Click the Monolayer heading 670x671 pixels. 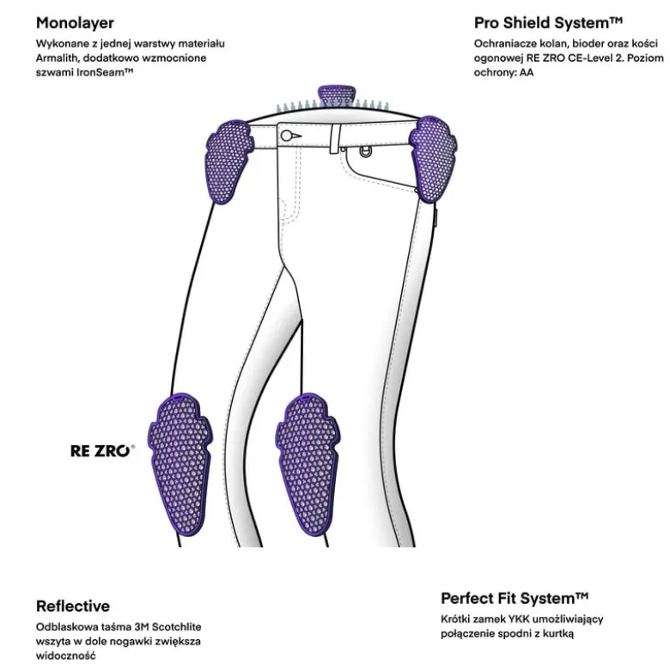75,23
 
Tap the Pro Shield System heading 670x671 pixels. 548,22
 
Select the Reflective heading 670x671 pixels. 73,606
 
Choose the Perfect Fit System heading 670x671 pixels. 515,598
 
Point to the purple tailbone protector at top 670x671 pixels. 336,97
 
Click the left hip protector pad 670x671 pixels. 229,162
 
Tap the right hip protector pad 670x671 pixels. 433,159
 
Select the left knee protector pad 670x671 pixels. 180,463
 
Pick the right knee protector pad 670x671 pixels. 308,464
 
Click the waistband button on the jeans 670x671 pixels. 286,136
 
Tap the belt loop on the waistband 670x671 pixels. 335,138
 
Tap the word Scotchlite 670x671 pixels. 177,627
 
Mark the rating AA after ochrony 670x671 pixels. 527,72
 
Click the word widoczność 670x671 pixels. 65,656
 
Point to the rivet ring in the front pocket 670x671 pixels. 365,151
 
